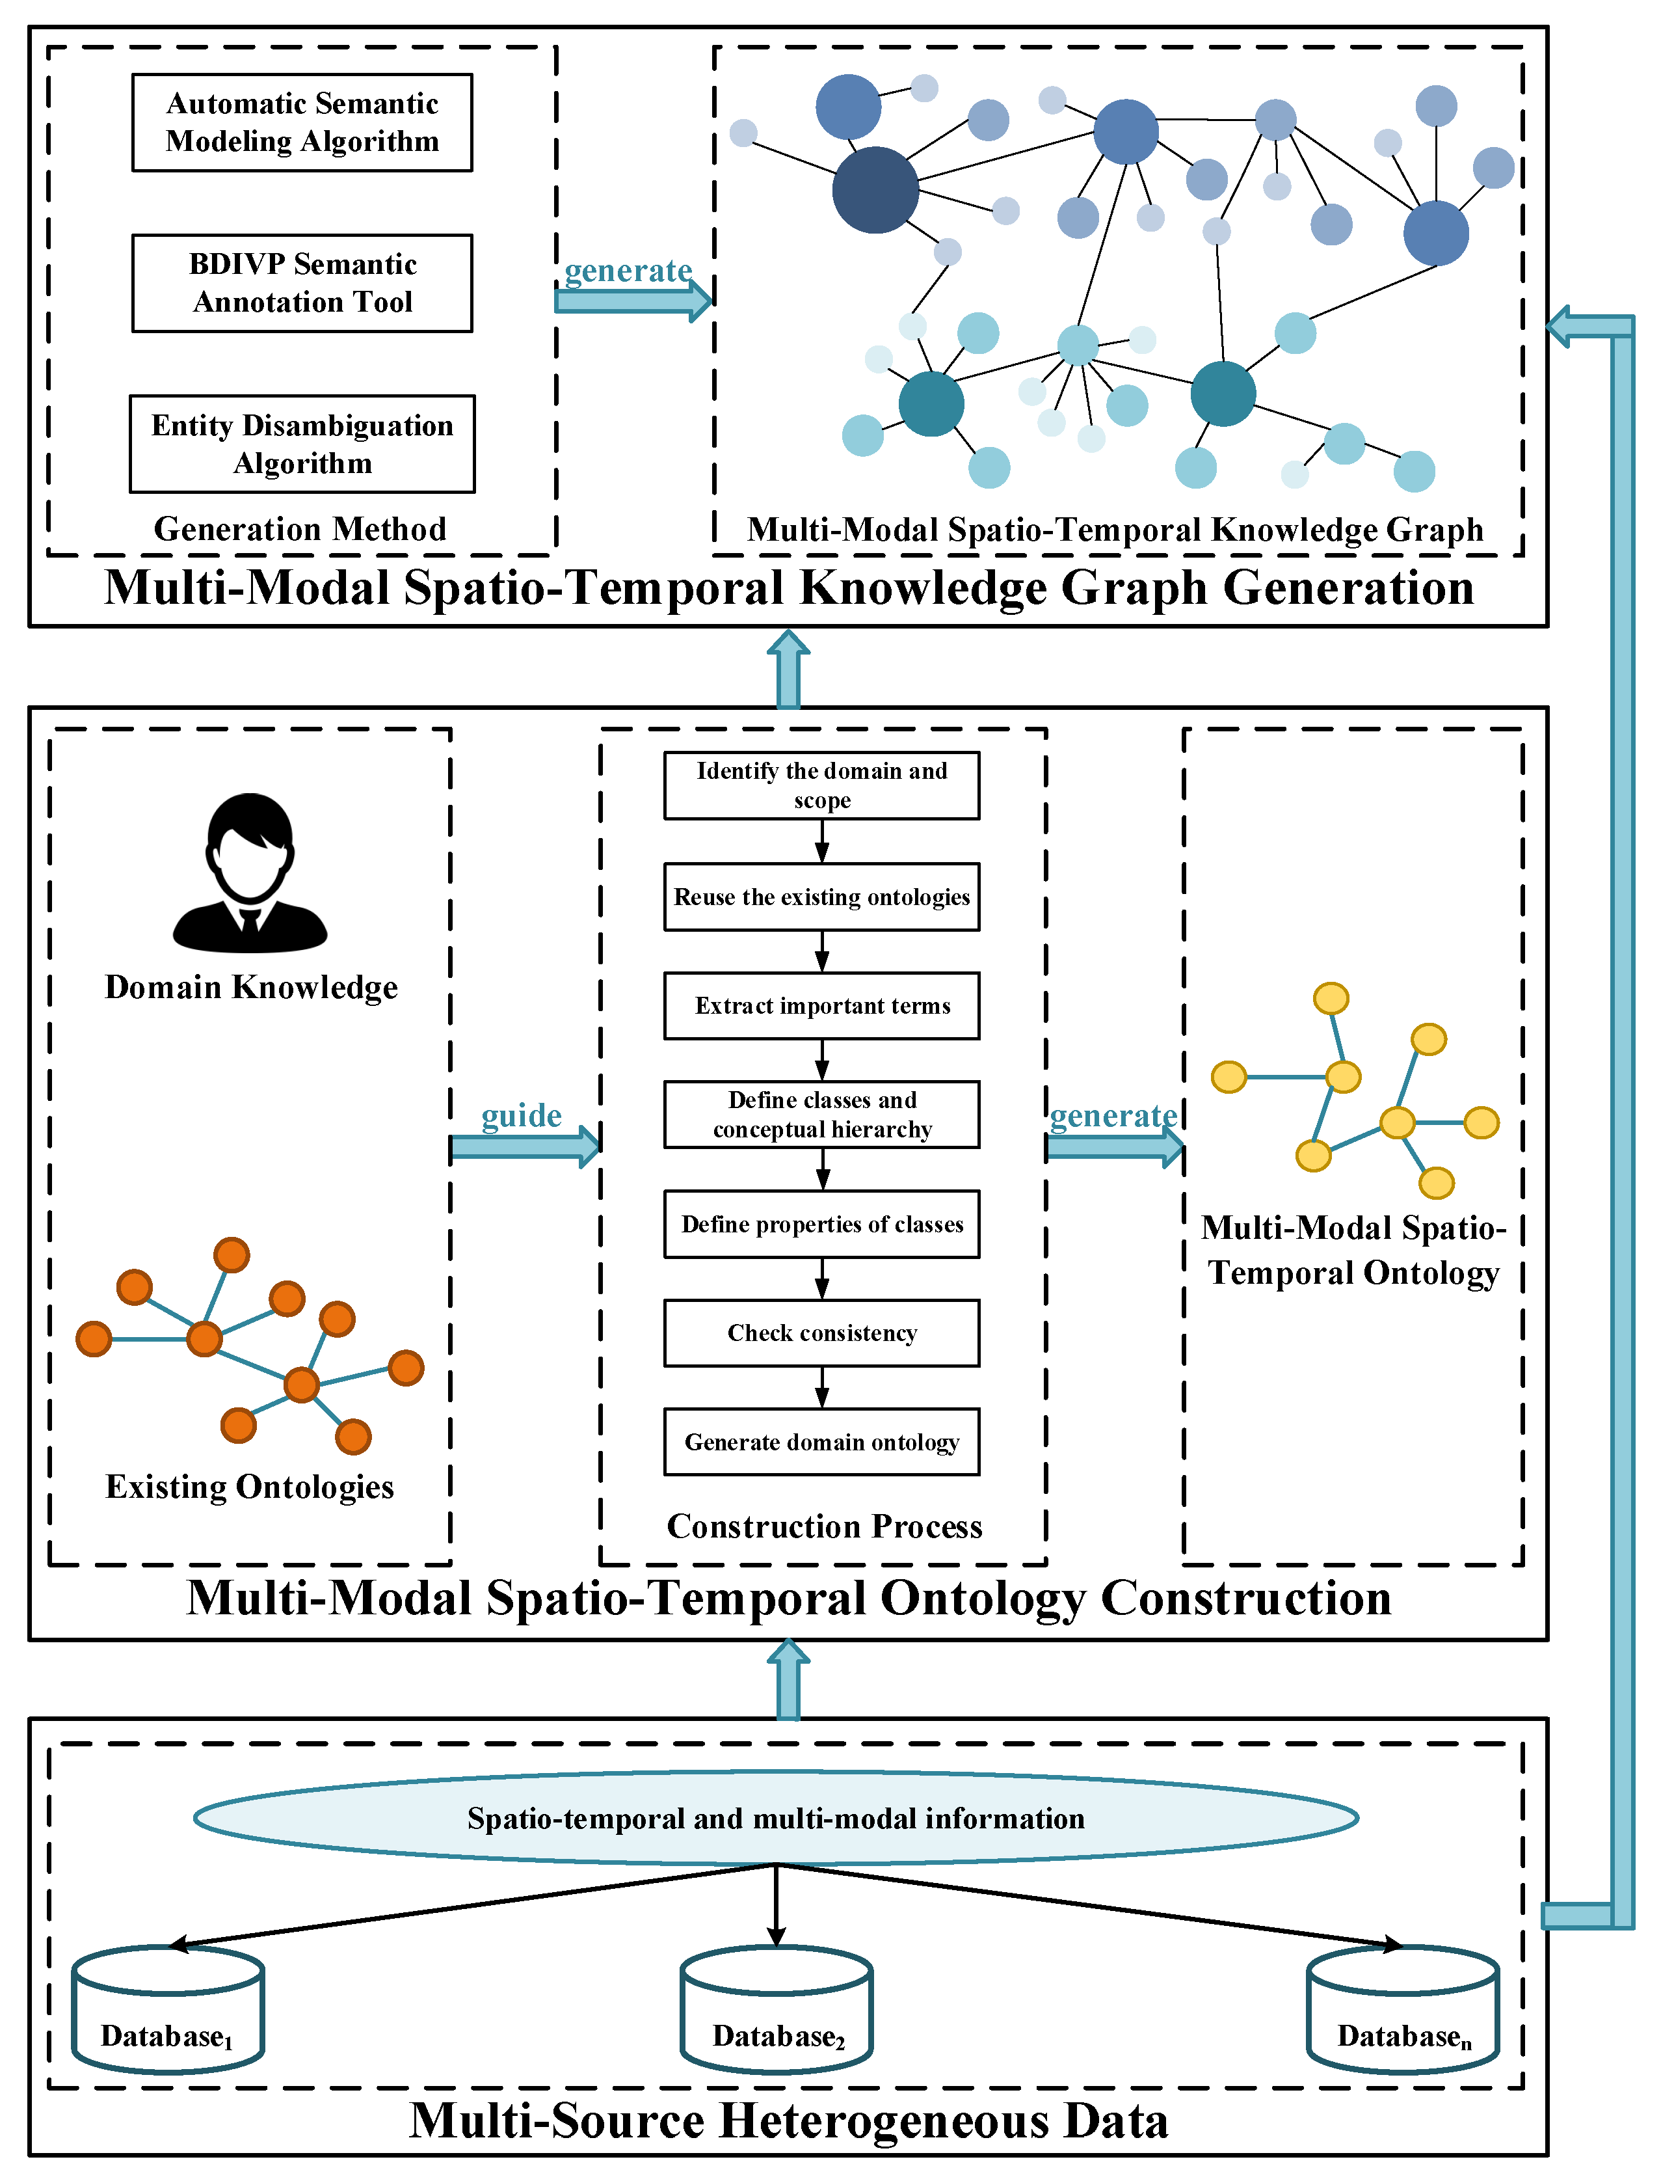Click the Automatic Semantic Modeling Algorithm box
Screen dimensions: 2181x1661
coord(302,123)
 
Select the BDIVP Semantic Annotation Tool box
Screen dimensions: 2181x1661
coord(302,283)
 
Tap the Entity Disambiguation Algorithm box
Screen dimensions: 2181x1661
coord(302,444)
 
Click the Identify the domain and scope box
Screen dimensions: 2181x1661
coord(821,785)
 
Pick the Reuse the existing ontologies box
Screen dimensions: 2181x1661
coord(821,897)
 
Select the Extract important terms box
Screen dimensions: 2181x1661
coord(821,1006)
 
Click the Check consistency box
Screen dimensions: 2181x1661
coord(821,1333)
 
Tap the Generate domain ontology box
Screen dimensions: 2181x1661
coord(821,1442)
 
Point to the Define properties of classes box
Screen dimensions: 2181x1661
coord(821,1225)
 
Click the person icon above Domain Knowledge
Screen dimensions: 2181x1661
coord(250,873)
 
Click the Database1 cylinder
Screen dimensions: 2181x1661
coord(168,2008)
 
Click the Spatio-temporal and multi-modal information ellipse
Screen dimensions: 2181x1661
coord(776,1818)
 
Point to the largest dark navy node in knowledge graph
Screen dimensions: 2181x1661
coord(875,190)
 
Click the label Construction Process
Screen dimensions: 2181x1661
coord(825,1526)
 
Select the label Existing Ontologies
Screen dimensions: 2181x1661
coord(250,1487)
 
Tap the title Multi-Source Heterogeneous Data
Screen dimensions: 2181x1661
coord(788,2120)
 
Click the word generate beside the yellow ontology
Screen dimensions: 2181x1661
coord(1113,1116)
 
